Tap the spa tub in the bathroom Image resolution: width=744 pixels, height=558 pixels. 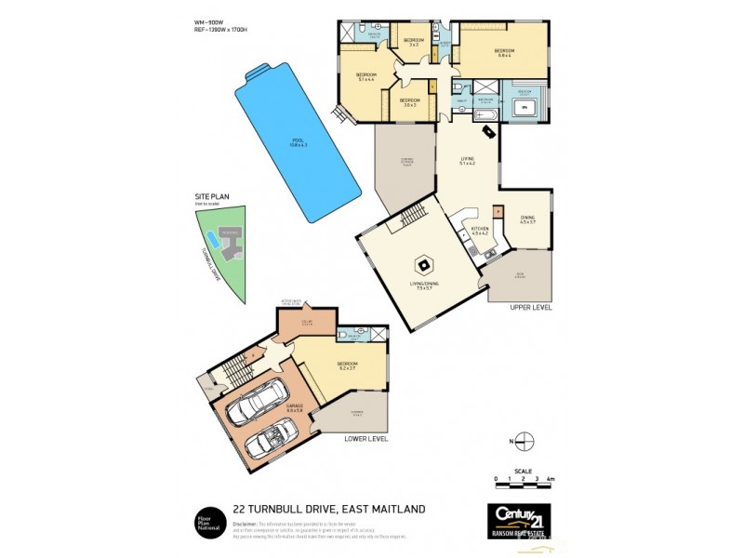(x=525, y=109)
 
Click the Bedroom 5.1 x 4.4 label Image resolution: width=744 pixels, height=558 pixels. (x=365, y=77)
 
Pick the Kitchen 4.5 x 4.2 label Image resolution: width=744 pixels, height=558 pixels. (x=481, y=230)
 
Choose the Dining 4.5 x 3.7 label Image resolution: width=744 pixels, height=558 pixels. (x=527, y=221)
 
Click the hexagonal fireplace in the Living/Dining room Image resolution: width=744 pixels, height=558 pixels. (x=423, y=264)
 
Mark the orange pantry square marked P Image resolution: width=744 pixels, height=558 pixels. (x=498, y=211)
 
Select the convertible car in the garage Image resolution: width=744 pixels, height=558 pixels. (x=272, y=438)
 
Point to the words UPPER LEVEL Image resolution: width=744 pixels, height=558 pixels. (x=531, y=306)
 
